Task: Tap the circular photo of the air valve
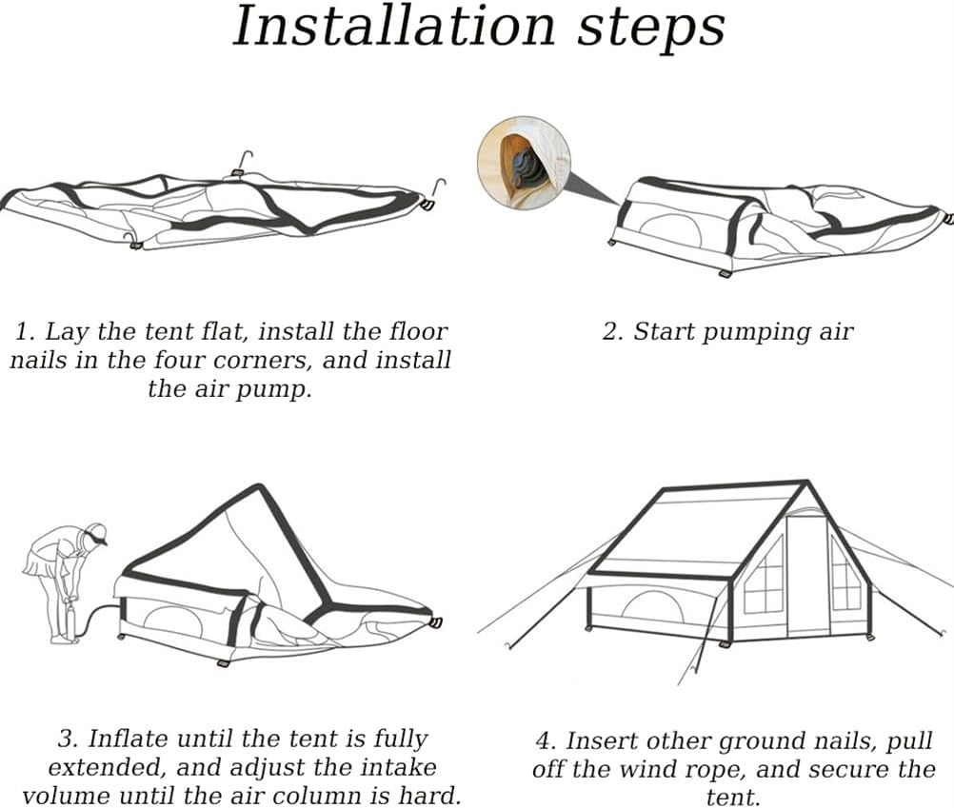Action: [523, 163]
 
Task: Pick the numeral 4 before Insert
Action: [543, 741]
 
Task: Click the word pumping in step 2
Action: [756, 332]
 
